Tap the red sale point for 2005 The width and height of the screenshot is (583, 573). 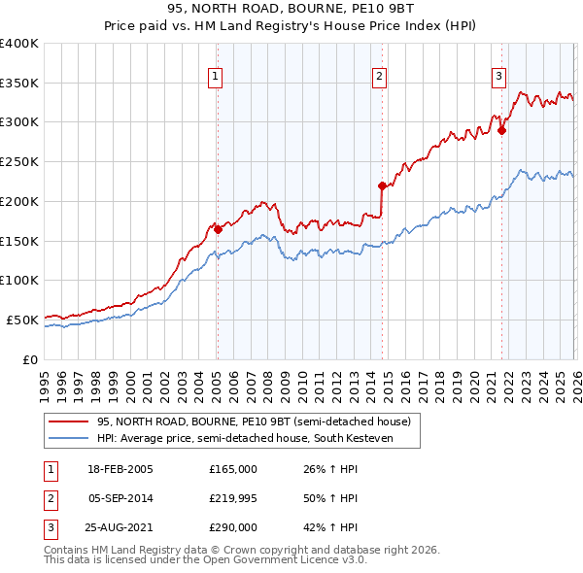click(x=218, y=230)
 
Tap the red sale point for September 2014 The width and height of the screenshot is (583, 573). click(x=382, y=186)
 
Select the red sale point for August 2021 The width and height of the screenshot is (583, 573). click(x=502, y=131)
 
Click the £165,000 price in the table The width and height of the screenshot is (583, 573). click(x=233, y=469)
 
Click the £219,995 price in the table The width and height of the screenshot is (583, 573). click(x=233, y=498)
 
